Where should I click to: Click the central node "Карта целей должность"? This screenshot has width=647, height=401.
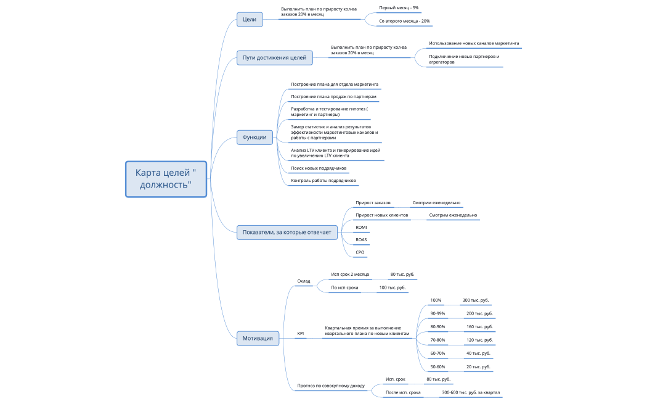click(x=166, y=179)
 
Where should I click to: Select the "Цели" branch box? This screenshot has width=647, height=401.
click(x=250, y=19)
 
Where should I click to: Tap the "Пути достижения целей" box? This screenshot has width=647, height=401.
click(x=274, y=58)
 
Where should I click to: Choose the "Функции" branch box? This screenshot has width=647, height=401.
click(x=254, y=137)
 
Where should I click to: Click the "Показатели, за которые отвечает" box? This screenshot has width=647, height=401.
click(x=287, y=233)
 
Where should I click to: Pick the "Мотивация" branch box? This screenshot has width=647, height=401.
click(x=258, y=338)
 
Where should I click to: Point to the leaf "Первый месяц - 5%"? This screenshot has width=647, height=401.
click(x=399, y=8)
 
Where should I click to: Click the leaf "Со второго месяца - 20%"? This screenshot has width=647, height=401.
click(x=404, y=21)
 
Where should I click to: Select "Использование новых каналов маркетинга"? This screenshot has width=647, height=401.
click(x=474, y=43)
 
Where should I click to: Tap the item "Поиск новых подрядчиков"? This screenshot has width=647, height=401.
click(x=319, y=168)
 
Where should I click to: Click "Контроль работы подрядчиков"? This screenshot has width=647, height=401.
click(x=323, y=181)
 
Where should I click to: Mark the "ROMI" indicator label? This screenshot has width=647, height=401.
click(x=361, y=228)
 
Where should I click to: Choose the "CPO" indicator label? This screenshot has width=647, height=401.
click(x=360, y=252)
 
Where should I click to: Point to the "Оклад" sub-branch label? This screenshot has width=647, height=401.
click(x=304, y=281)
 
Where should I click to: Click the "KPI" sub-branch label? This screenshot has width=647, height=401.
click(x=301, y=334)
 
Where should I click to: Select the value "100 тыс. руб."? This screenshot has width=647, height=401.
click(x=393, y=288)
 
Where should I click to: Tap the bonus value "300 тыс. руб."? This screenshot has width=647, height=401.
click(x=475, y=300)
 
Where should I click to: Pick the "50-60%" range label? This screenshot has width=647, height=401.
click(x=437, y=366)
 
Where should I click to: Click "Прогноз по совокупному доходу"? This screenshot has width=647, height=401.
click(x=331, y=386)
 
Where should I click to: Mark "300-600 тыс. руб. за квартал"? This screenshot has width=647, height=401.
click(x=471, y=393)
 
